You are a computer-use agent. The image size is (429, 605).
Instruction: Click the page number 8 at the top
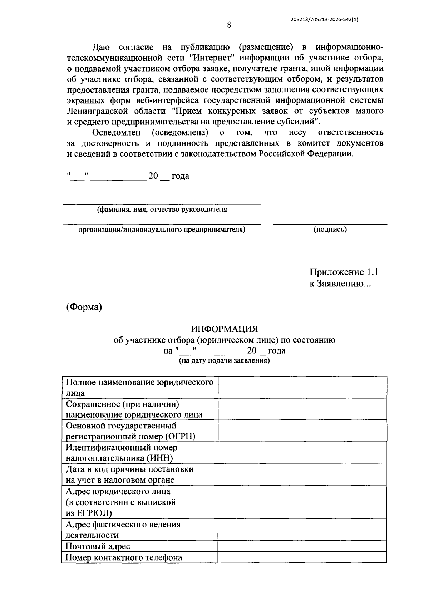(229, 25)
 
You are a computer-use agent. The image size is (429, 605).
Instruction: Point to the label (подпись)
(330, 230)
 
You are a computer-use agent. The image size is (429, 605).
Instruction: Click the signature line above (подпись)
(330, 224)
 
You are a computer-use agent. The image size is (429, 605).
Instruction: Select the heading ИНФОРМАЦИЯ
(224, 329)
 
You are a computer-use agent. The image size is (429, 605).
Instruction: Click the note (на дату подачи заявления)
(224, 361)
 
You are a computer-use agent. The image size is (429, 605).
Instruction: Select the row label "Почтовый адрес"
(98, 546)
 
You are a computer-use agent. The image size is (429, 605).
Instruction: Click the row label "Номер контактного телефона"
(124, 557)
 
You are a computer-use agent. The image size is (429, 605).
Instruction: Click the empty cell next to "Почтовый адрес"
(302, 546)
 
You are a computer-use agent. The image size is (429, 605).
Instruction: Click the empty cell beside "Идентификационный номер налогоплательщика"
(302, 452)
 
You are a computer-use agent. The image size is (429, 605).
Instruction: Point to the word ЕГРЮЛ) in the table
(94, 513)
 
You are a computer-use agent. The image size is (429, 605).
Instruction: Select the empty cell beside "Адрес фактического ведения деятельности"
(302, 529)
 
